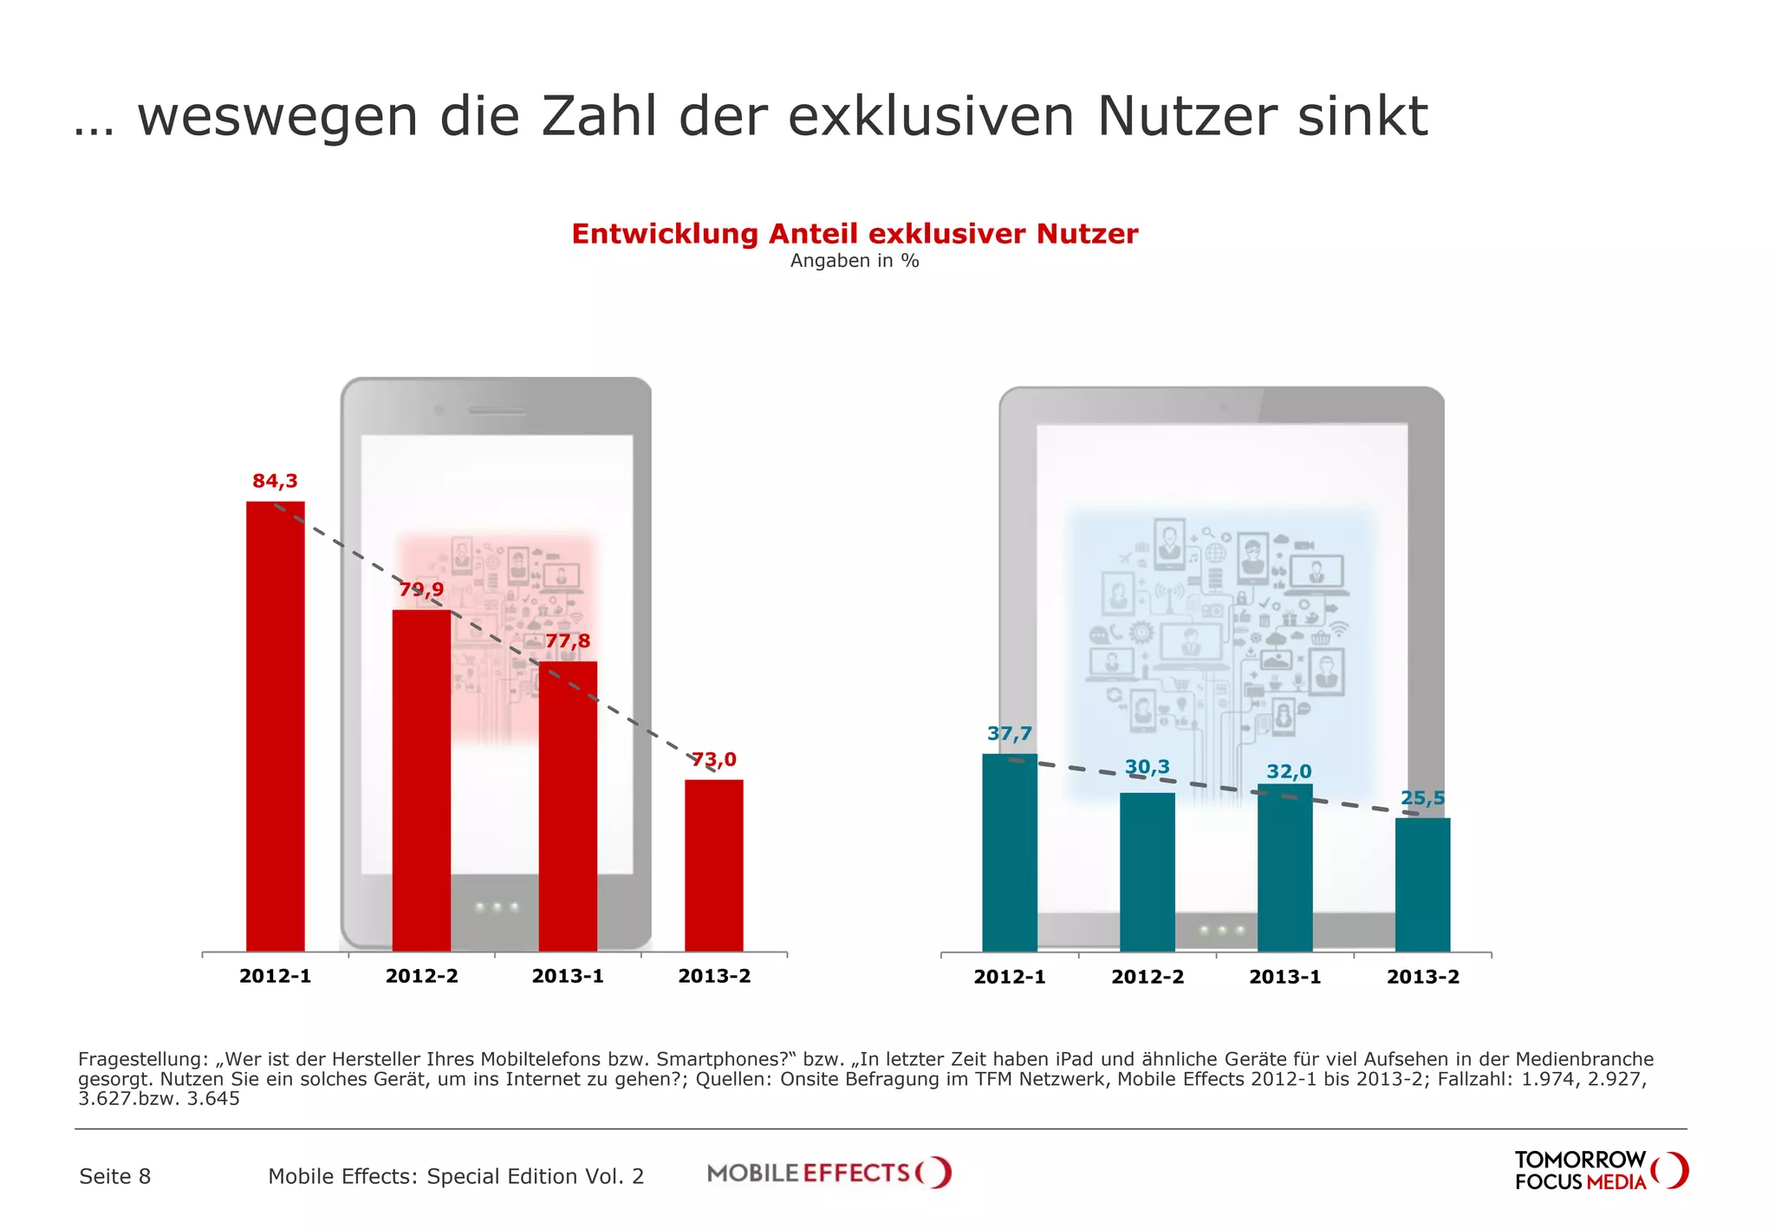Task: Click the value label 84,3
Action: (x=275, y=481)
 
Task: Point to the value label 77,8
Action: (x=568, y=641)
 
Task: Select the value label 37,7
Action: (x=1010, y=734)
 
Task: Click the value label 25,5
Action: (x=1422, y=798)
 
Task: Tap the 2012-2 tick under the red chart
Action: (x=421, y=976)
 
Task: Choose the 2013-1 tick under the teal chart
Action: (x=1284, y=977)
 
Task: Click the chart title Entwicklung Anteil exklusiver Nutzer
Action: (x=854, y=234)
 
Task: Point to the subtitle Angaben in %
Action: (x=854, y=261)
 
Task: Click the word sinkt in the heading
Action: (x=1362, y=116)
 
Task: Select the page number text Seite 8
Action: (x=114, y=1176)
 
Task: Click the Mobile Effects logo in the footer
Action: (x=829, y=1173)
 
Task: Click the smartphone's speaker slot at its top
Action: (x=497, y=410)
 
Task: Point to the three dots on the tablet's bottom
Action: (x=1222, y=931)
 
